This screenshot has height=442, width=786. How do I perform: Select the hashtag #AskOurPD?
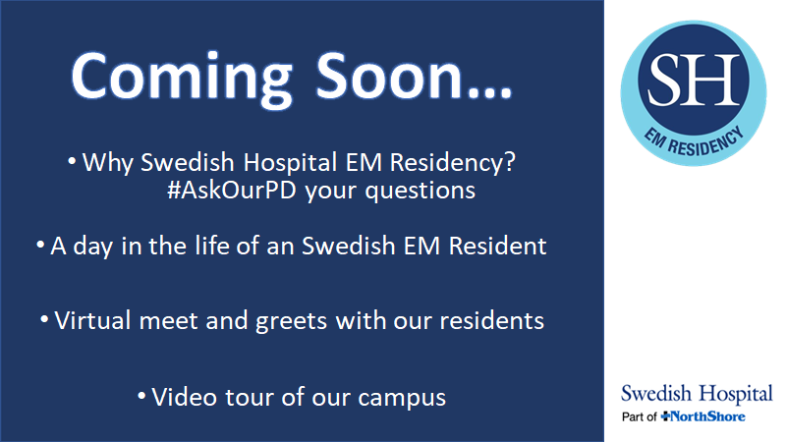click(233, 190)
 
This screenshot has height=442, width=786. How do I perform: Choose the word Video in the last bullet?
click(180, 398)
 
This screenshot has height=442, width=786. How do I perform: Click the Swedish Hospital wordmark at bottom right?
click(697, 395)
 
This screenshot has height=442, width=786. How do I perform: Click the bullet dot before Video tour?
click(142, 396)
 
